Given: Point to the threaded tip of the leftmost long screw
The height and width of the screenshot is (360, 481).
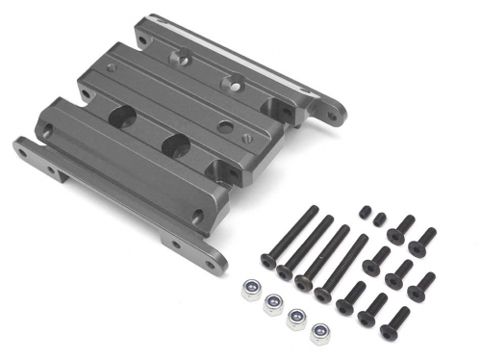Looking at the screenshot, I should pos(310,208).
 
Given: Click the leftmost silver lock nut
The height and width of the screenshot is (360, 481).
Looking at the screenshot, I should pos(251,289).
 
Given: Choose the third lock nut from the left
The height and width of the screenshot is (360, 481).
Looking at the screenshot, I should pos(297,319).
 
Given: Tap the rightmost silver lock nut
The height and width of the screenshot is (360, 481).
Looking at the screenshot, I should pos(319,335).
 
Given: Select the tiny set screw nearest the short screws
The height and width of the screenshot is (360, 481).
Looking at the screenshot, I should pos(381,219).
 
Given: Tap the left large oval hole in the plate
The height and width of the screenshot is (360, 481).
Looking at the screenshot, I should pos(123,116).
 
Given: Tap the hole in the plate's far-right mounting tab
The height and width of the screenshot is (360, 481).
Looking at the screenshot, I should pos(332,116).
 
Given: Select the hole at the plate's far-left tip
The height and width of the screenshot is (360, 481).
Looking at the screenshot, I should pos(22,147).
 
